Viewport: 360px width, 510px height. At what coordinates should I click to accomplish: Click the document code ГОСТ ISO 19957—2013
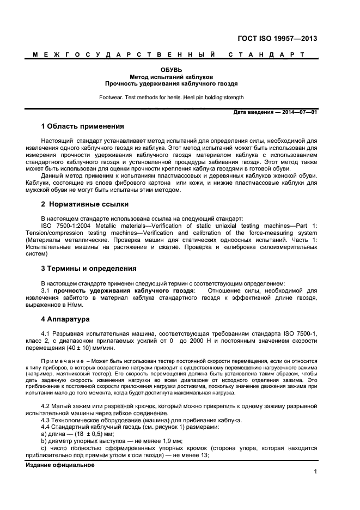(x=277, y=39)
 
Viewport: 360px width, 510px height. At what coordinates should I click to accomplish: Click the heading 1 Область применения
(x=83, y=126)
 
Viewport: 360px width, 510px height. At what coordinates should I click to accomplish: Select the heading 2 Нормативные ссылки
(x=85, y=204)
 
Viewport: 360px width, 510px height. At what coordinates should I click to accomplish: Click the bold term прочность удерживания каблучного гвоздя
(x=124, y=290)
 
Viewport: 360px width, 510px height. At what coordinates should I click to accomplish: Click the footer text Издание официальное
(x=60, y=465)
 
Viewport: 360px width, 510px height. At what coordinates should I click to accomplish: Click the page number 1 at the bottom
(x=315, y=472)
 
